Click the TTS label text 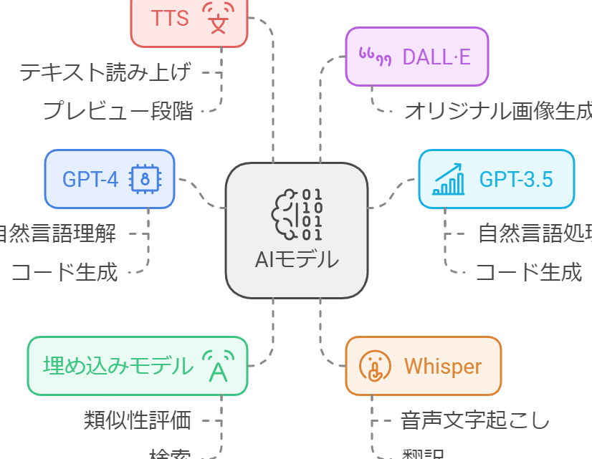(x=171, y=18)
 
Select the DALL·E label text (x=436, y=56)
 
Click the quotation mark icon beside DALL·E (x=375, y=56)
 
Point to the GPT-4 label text (x=90, y=179)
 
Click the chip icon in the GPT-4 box (x=145, y=179)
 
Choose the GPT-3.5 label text (x=516, y=179)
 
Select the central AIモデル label (x=297, y=259)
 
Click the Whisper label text (x=443, y=367)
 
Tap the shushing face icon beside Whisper (x=375, y=367)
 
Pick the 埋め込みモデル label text (x=118, y=366)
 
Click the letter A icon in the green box (x=218, y=367)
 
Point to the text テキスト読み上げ (x=105, y=72)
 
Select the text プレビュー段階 (x=118, y=111)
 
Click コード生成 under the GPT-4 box (x=65, y=272)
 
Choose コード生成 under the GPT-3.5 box (x=529, y=272)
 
